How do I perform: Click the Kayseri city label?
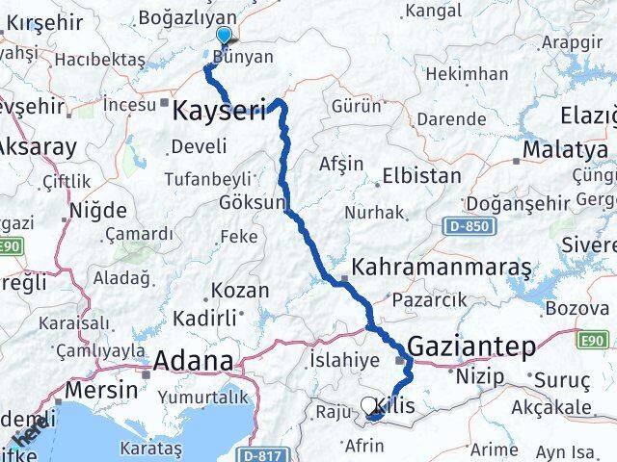[x=219, y=111]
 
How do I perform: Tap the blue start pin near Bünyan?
[x=224, y=37]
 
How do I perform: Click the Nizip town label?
[x=480, y=376]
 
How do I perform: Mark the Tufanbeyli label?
[x=207, y=178]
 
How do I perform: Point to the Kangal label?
[x=433, y=11]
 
